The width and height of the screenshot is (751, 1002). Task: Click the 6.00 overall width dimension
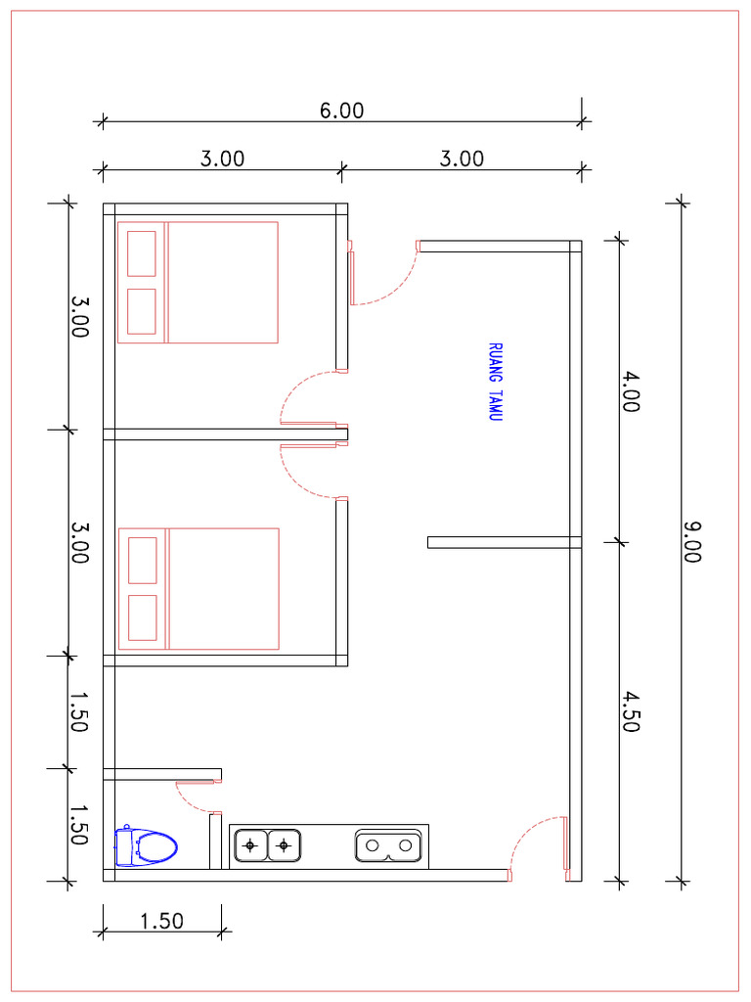(341, 111)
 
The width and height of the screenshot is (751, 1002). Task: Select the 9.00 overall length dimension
(692, 541)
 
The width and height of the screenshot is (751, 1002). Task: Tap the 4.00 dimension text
(631, 391)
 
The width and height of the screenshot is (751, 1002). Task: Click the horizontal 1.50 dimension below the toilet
(161, 921)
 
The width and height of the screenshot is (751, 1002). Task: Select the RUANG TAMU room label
(495, 382)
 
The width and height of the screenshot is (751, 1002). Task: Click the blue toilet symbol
(146, 846)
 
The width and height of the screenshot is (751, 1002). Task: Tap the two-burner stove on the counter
(268, 844)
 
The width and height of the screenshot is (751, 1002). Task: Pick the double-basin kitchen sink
(389, 844)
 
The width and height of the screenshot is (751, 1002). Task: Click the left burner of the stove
(252, 844)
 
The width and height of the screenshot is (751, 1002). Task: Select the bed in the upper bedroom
(199, 283)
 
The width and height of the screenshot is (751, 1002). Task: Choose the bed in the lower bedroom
(199, 589)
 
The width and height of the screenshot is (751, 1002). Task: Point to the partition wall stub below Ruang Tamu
(504, 542)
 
